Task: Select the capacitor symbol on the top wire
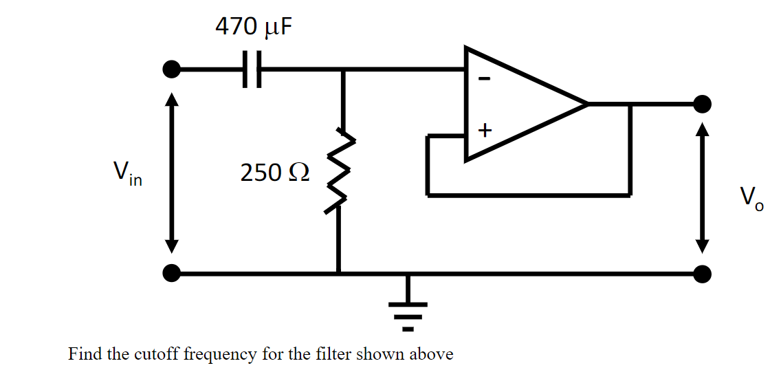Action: point(252,69)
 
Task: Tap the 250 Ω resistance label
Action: point(274,173)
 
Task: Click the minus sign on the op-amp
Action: point(484,79)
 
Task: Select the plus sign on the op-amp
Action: point(485,129)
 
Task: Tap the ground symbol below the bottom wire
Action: point(408,309)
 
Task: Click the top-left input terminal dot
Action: point(171,69)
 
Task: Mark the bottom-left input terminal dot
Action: point(171,274)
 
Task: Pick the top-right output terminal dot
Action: point(702,104)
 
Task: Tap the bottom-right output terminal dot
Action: point(702,274)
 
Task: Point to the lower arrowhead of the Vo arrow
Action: point(702,245)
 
